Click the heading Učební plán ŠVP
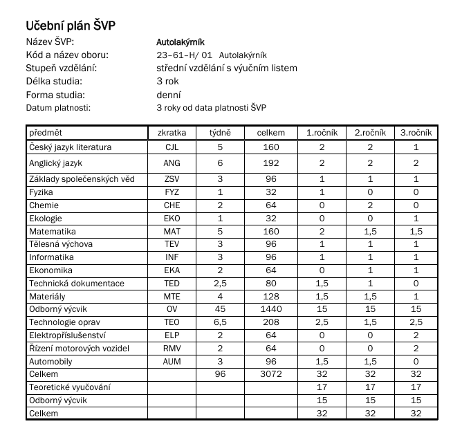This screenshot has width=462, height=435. click(x=71, y=26)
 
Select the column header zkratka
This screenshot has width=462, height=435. click(x=172, y=132)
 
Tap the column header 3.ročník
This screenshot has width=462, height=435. click(x=416, y=132)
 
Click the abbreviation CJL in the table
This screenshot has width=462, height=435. click(x=172, y=147)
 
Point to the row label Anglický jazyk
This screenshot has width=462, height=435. click(x=55, y=163)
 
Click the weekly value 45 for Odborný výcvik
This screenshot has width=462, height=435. click(x=221, y=309)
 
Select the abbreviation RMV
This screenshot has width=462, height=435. click(x=172, y=349)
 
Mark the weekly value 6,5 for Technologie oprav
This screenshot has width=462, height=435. click(x=221, y=322)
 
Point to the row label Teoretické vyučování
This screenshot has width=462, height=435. click(x=69, y=387)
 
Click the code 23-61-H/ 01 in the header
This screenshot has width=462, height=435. click(x=185, y=55)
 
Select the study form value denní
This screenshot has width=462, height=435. click(x=169, y=95)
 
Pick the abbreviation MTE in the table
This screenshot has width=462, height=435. click(x=172, y=297)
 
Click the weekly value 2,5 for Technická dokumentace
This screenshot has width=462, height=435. click(x=221, y=284)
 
